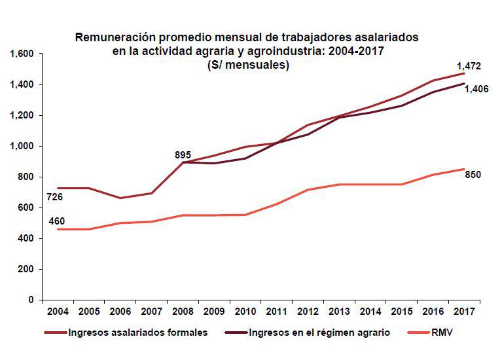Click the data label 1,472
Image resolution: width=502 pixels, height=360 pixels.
coord(469,67)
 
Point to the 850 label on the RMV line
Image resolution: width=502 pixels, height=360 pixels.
coord(473,175)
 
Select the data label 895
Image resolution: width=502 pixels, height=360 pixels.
coord(183,155)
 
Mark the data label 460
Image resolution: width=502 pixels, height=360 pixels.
coord(56,221)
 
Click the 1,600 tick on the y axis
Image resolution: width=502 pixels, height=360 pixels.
coord(23,54)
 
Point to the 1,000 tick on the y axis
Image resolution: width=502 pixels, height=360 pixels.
coord(23,146)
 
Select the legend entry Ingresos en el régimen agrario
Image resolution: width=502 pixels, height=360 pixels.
coord(319,333)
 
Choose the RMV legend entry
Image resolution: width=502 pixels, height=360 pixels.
coord(442,333)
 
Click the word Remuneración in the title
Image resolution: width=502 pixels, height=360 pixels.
coord(115,37)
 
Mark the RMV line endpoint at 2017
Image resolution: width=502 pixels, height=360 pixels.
coord(464,170)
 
